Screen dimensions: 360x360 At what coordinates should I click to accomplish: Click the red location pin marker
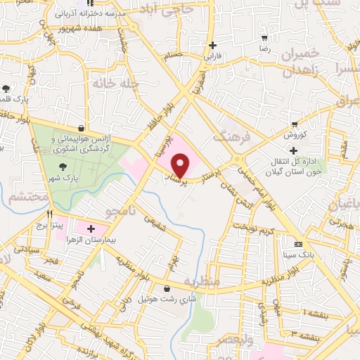pyautogui.click(x=181, y=166)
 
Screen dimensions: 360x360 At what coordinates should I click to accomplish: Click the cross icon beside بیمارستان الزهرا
pyautogui.click(x=91, y=229)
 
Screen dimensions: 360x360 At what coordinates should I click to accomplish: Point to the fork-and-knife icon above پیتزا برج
pyautogui.click(x=49, y=214)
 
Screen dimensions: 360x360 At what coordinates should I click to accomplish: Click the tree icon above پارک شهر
pyautogui.click(x=64, y=167)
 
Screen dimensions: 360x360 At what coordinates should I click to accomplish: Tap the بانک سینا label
pyautogui.click(x=298, y=256)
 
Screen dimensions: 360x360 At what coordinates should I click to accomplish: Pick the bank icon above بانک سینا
pyautogui.click(x=298, y=244)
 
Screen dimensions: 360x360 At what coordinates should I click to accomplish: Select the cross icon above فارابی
pyautogui.click(x=212, y=45)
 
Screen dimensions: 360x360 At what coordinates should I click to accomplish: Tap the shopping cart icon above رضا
pyautogui.click(x=264, y=37)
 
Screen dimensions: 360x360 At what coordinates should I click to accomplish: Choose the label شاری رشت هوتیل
pyautogui.click(x=173, y=299)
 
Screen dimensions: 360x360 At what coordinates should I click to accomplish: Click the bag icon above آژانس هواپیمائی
pyautogui.click(x=84, y=129)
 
